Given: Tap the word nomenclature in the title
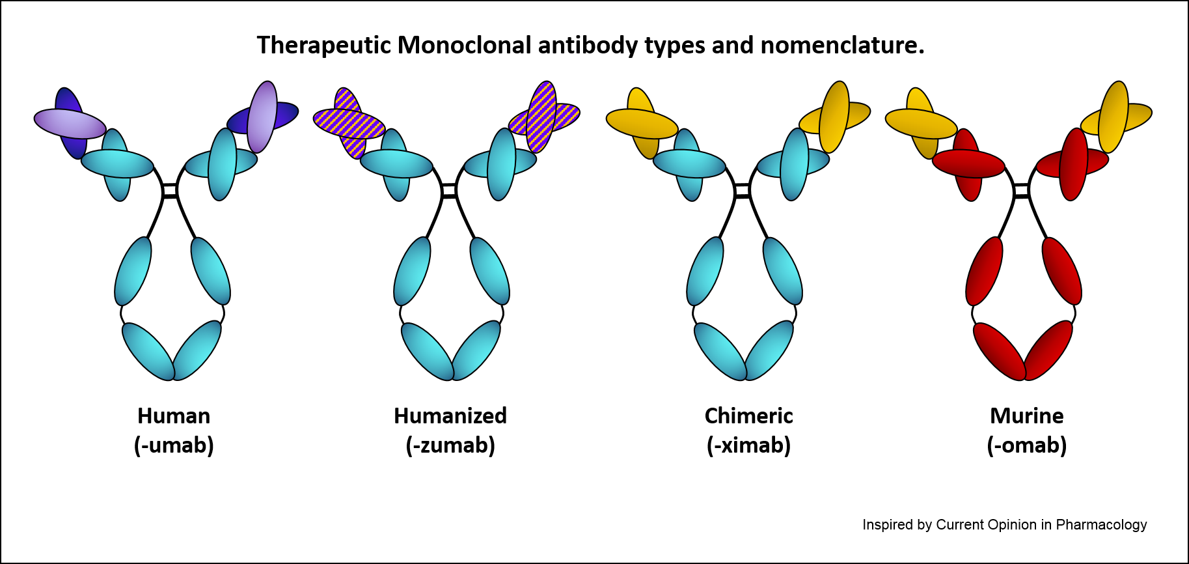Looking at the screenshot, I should pos(841,46).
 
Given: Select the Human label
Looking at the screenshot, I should pos(174,416).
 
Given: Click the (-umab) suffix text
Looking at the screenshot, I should pos(174,445).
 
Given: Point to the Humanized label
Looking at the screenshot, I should pos(450,416).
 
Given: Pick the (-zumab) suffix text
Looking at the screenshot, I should pos(450,445).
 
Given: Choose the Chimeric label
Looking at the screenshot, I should pos(748,416).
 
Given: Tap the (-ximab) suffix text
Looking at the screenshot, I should pos(748,445).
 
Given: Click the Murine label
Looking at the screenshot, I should pos(1026,416).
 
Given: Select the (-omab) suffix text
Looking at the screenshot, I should pos(1026,445).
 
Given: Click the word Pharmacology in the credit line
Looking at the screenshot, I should pos(1101,525).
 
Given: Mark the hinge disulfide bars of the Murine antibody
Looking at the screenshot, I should pos(1022,191).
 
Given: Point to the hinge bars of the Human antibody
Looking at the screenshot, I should pos(170,191).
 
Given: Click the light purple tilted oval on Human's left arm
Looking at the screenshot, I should pos(70,123).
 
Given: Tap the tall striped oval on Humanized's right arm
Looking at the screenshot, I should pos(541,117).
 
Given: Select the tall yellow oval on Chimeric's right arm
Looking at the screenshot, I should pos(834,117).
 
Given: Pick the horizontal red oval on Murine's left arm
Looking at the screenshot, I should pos(968,163).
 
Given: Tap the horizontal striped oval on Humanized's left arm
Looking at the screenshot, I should pos(349,124).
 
